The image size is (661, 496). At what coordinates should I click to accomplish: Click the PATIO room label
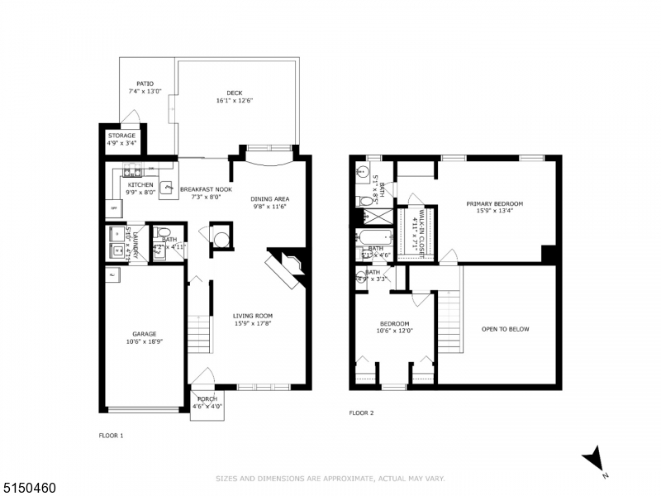coord(145,83)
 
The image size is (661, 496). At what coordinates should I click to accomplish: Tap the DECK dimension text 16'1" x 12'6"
coord(234,101)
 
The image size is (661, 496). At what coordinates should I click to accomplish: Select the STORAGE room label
coord(121,136)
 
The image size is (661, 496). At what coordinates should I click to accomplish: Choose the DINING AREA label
coord(270,198)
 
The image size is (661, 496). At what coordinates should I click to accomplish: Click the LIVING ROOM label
coord(252,316)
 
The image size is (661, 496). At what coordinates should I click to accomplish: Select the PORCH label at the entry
coord(207,399)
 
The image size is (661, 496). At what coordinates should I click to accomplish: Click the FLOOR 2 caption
coord(361,413)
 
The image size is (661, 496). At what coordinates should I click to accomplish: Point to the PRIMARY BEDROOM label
coord(494,203)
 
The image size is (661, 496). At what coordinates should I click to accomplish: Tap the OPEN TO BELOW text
coord(505,329)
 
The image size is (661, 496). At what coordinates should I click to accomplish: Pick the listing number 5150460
coord(28,488)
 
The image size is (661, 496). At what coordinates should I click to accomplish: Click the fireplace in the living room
coord(284,269)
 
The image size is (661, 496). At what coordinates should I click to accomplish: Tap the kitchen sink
coord(132,173)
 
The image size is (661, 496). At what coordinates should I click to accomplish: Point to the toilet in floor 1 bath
coord(164,233)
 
